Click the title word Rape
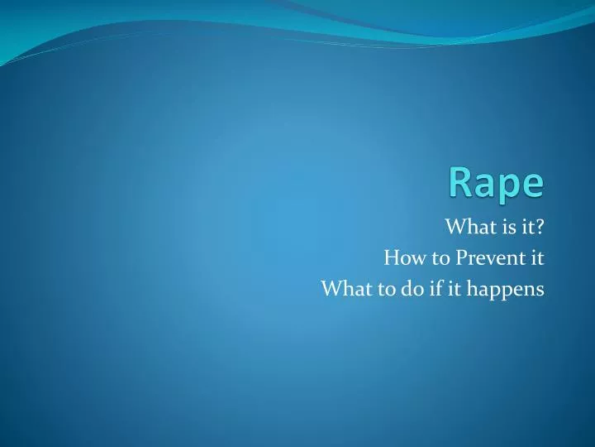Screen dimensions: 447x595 (496, 182)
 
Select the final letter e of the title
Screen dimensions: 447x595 (534, 184)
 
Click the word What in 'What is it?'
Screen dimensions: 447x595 (465, 226)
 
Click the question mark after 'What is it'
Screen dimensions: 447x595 (538, 226)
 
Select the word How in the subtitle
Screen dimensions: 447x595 (400, 257)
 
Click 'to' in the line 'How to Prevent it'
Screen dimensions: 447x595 (431, 257)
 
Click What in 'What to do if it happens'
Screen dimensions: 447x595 (340, 289)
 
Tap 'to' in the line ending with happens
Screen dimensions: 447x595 (375, 289)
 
